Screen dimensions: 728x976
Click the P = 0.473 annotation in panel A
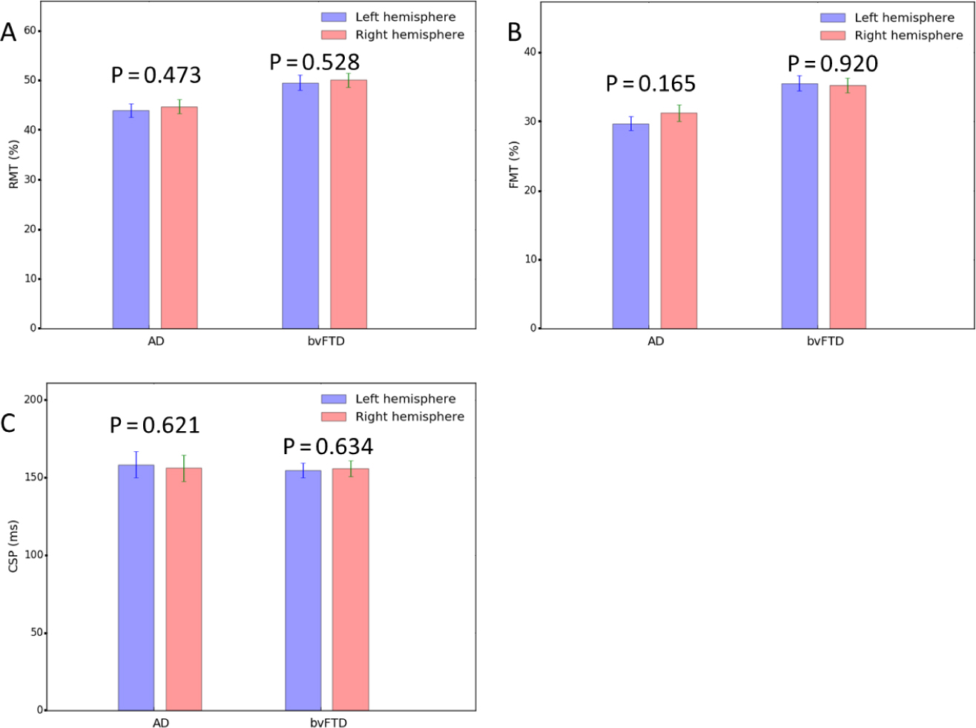coord(156,75)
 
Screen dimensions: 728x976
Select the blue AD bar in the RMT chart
coord(131,219)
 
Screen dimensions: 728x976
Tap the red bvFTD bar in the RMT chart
coord(349,204)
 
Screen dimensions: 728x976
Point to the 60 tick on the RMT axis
coord(30,30)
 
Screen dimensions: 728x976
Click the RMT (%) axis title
coord(13,164)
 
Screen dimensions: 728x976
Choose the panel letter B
coord(514,33)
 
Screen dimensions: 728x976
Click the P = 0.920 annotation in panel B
coord(833,65)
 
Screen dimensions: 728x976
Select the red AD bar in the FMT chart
coord(679,220)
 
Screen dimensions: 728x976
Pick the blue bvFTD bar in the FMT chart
coord(799,206)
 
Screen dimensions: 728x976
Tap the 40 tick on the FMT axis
coord(530,53)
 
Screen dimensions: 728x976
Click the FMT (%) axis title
coord(513,164)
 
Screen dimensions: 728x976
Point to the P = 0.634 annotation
coord(328,447)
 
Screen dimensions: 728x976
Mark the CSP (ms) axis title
coord(13,545)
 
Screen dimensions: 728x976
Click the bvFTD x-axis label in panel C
coord(329,723)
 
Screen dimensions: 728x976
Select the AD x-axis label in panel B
coord(656,341)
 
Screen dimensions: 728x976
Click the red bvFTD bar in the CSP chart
coord(350,589)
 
